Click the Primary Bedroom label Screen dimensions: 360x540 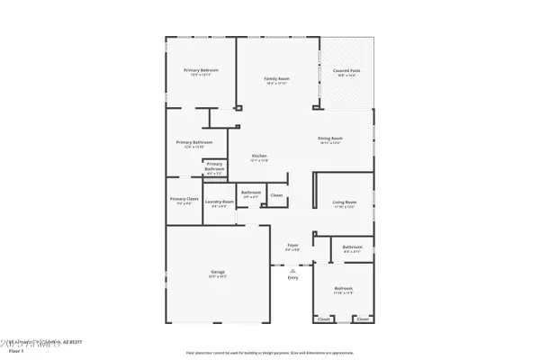pos(202,70)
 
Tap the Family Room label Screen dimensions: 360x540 pos(275,78)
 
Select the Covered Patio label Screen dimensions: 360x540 pos(346,70)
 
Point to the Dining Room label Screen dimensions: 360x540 pos(330,138)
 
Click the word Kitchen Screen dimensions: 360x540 pos(258,156)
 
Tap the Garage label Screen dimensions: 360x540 pos(218,271)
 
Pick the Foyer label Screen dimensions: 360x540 pos(292,245)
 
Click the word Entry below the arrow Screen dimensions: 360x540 pos(292,278)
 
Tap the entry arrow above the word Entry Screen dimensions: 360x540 pos(292,269)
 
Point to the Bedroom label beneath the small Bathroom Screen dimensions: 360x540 pos(344,289)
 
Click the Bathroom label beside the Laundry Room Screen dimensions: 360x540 pos(251,192)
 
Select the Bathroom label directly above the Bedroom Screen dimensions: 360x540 pos(352,247)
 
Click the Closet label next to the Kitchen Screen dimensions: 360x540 pos(276,195)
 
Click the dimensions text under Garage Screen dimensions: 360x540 pos(218,276)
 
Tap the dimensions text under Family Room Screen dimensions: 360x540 pos(275,84)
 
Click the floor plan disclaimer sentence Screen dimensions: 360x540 pos(270,353)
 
